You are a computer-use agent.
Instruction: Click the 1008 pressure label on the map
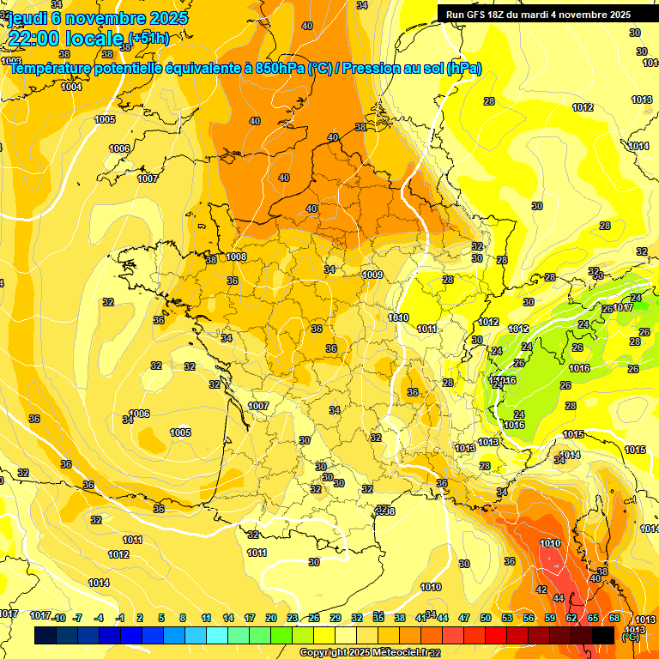point(237,257)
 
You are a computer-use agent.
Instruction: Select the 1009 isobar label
point(372,275)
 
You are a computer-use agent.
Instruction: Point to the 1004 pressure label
point(71,87)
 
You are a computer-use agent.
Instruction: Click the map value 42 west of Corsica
point(541,589)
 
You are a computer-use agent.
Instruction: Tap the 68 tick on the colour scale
point(614,618)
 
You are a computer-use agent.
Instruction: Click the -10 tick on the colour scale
point(58,618)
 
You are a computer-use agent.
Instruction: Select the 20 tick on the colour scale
point(271,618)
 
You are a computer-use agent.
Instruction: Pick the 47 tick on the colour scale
point(464,618)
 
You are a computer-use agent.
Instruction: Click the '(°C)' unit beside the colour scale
point(630,637)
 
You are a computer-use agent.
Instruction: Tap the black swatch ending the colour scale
point(603,635)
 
